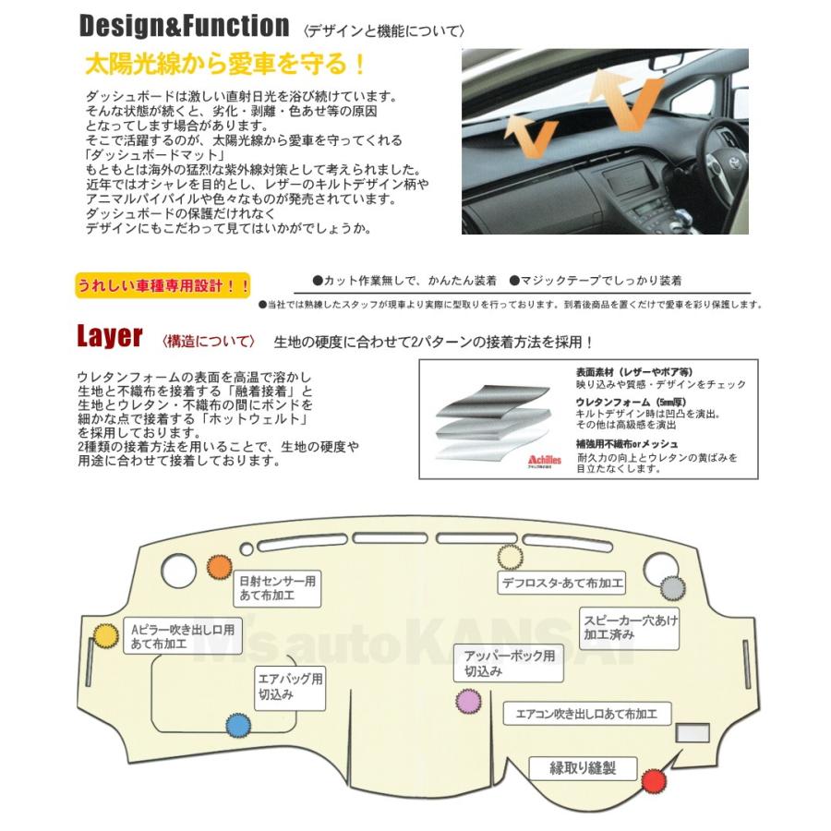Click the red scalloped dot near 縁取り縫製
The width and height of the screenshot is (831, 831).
tap(655, 781)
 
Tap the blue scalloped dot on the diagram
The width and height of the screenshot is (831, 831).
tap(238, 725)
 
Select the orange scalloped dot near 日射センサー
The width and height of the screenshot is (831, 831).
tap(220, 567)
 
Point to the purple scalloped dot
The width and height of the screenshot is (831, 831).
tap(467, 703)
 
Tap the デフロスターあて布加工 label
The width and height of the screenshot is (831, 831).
tap(561, 583)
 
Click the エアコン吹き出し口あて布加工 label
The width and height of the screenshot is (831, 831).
tap(586, 715)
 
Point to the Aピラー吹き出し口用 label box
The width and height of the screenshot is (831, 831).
tap(182, 636)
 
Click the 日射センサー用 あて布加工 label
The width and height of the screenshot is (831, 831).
tap(278, 588)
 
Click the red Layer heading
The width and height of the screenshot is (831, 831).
tap(109, 337)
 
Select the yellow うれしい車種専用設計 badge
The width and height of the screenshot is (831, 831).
tap(163, 285)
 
